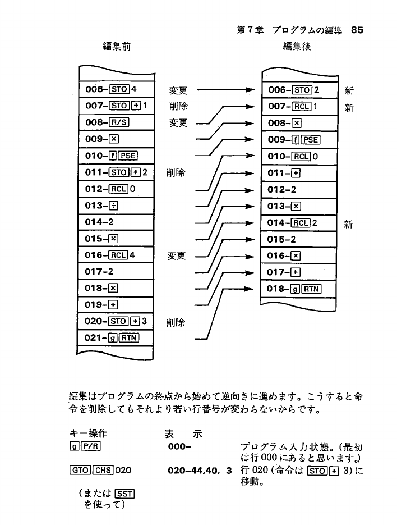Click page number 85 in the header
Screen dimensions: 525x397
pos(357,31)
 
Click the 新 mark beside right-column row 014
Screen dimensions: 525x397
pos(349,224)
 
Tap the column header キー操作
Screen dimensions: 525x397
pos(88,434)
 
